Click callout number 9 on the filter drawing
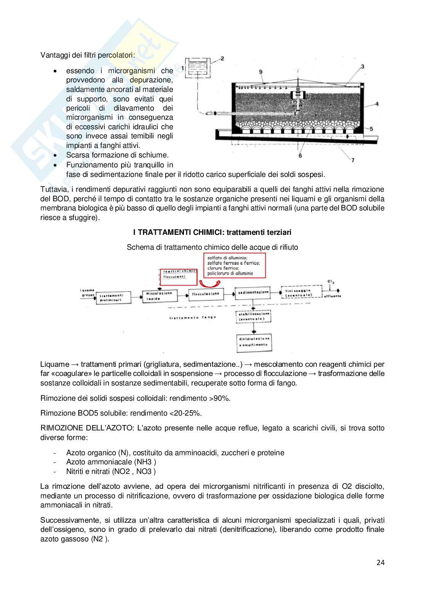point(260,72)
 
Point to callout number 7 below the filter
point(353,160)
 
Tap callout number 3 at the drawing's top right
point(362,66)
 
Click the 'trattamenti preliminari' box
point(113,298)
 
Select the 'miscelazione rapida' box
point(159,296)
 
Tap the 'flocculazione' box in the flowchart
point(206,294)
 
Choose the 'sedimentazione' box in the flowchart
point(253,292)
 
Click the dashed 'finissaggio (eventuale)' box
point(301,292)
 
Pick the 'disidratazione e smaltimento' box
point(254,342)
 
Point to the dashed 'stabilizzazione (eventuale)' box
point(254,316)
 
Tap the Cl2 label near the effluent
point(331,282)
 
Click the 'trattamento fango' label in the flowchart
point(193,317)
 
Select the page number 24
point(380,562)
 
